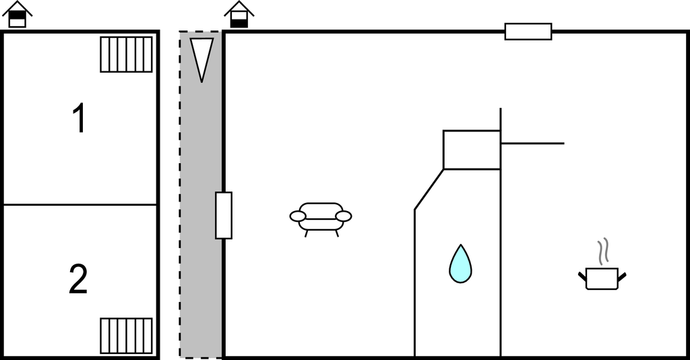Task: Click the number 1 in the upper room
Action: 80,117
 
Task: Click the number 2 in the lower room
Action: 78,279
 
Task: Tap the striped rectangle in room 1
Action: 126,54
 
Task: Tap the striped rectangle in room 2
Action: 126,336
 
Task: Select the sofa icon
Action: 321,219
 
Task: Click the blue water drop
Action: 460,264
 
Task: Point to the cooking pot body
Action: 602,278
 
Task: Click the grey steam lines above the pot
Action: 603,251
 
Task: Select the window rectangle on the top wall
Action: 528,32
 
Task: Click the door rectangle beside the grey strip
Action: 224,216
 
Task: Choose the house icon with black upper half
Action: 17,14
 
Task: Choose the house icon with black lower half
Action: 239,14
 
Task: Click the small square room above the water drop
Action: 472,150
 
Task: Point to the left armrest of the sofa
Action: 298,216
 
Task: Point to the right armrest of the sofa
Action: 344,216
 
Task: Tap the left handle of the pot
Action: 582,277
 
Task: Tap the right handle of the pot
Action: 622,277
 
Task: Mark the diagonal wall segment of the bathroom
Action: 429,189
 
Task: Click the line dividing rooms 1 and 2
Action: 80,205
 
